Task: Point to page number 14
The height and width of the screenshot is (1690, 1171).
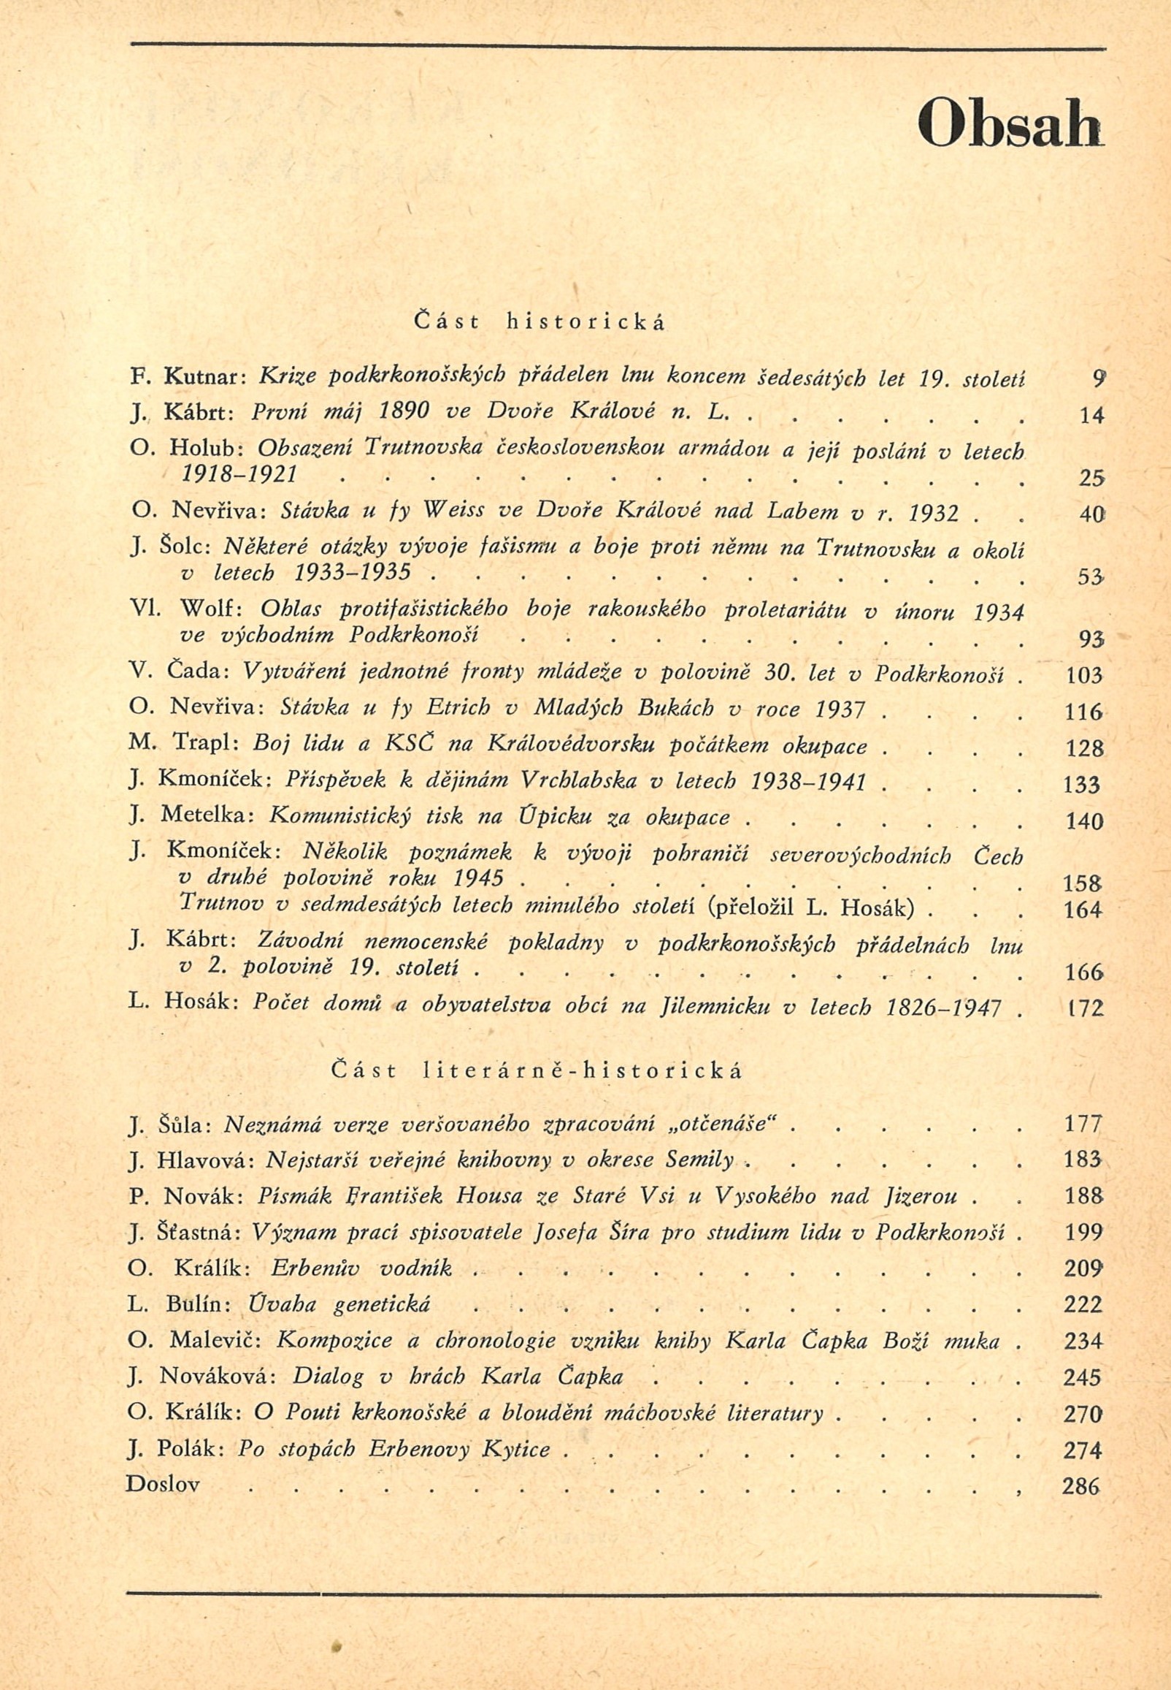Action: coord(1091,416)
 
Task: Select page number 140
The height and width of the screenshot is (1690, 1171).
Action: coord(1083,821)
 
